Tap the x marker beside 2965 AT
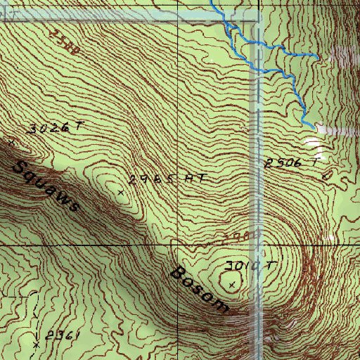pos(120,191)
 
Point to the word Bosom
pos(199,288)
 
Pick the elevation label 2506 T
pos(292,163)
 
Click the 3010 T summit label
pos(252,266)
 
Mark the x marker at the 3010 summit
pos(233,284)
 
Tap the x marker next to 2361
pos(36,345)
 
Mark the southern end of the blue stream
pos(311,125)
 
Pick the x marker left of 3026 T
pos(11,141)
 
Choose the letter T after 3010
pos(271,264)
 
